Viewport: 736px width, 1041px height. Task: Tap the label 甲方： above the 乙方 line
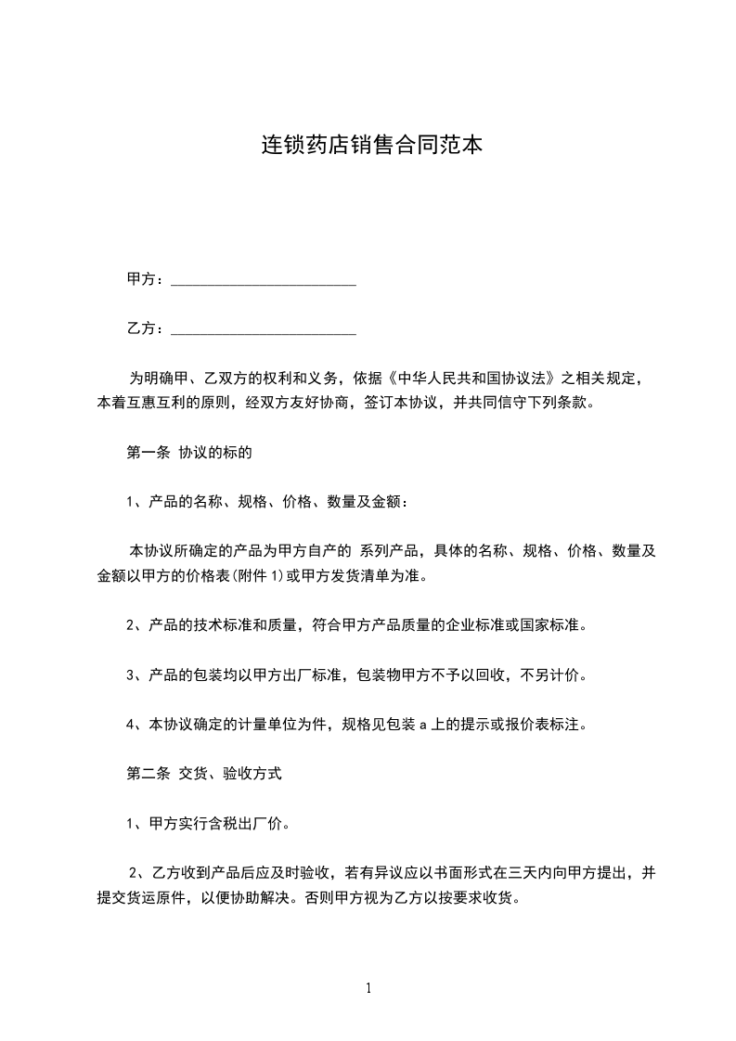[x=147, y=279]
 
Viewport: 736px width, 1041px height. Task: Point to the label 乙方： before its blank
[x=147, y=328]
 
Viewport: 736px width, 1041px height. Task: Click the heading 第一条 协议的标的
[x=189, y=454]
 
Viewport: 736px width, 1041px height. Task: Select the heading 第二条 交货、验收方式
[x=203, y=773]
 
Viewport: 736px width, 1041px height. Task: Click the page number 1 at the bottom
[x=368, y=988]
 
